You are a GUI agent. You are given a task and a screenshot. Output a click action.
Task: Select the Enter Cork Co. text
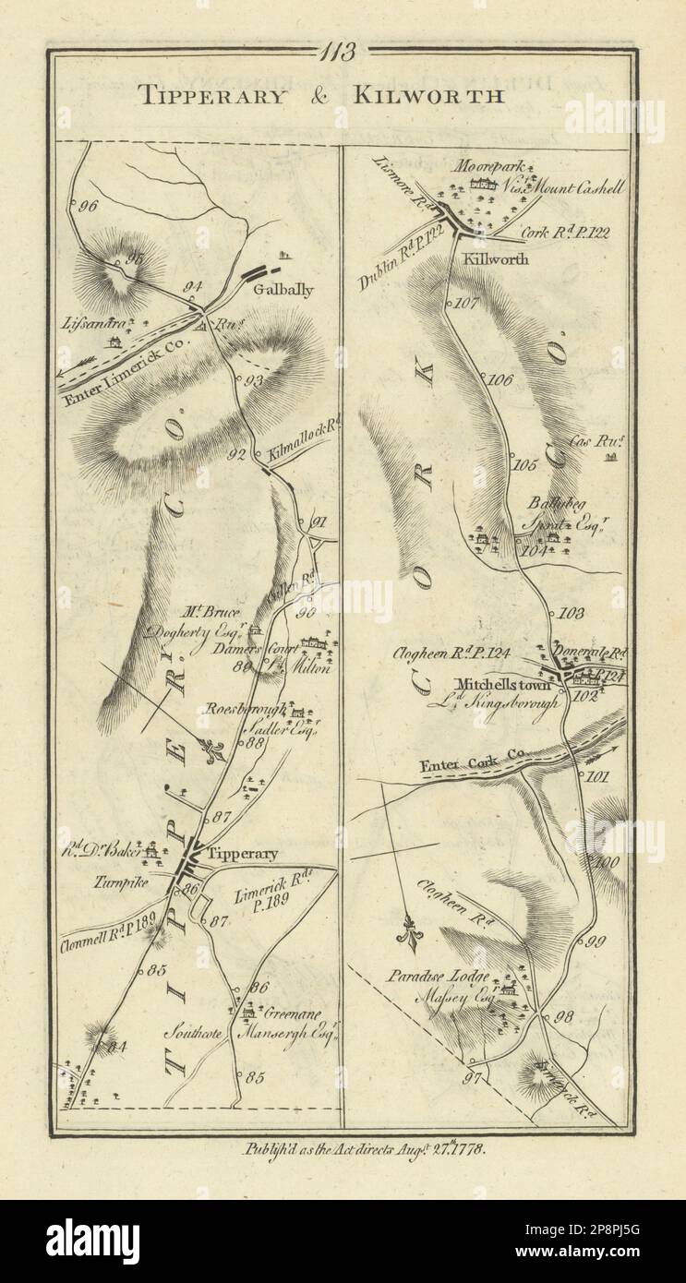(472, 762)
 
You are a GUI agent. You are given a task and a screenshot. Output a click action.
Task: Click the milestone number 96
(89, 207)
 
